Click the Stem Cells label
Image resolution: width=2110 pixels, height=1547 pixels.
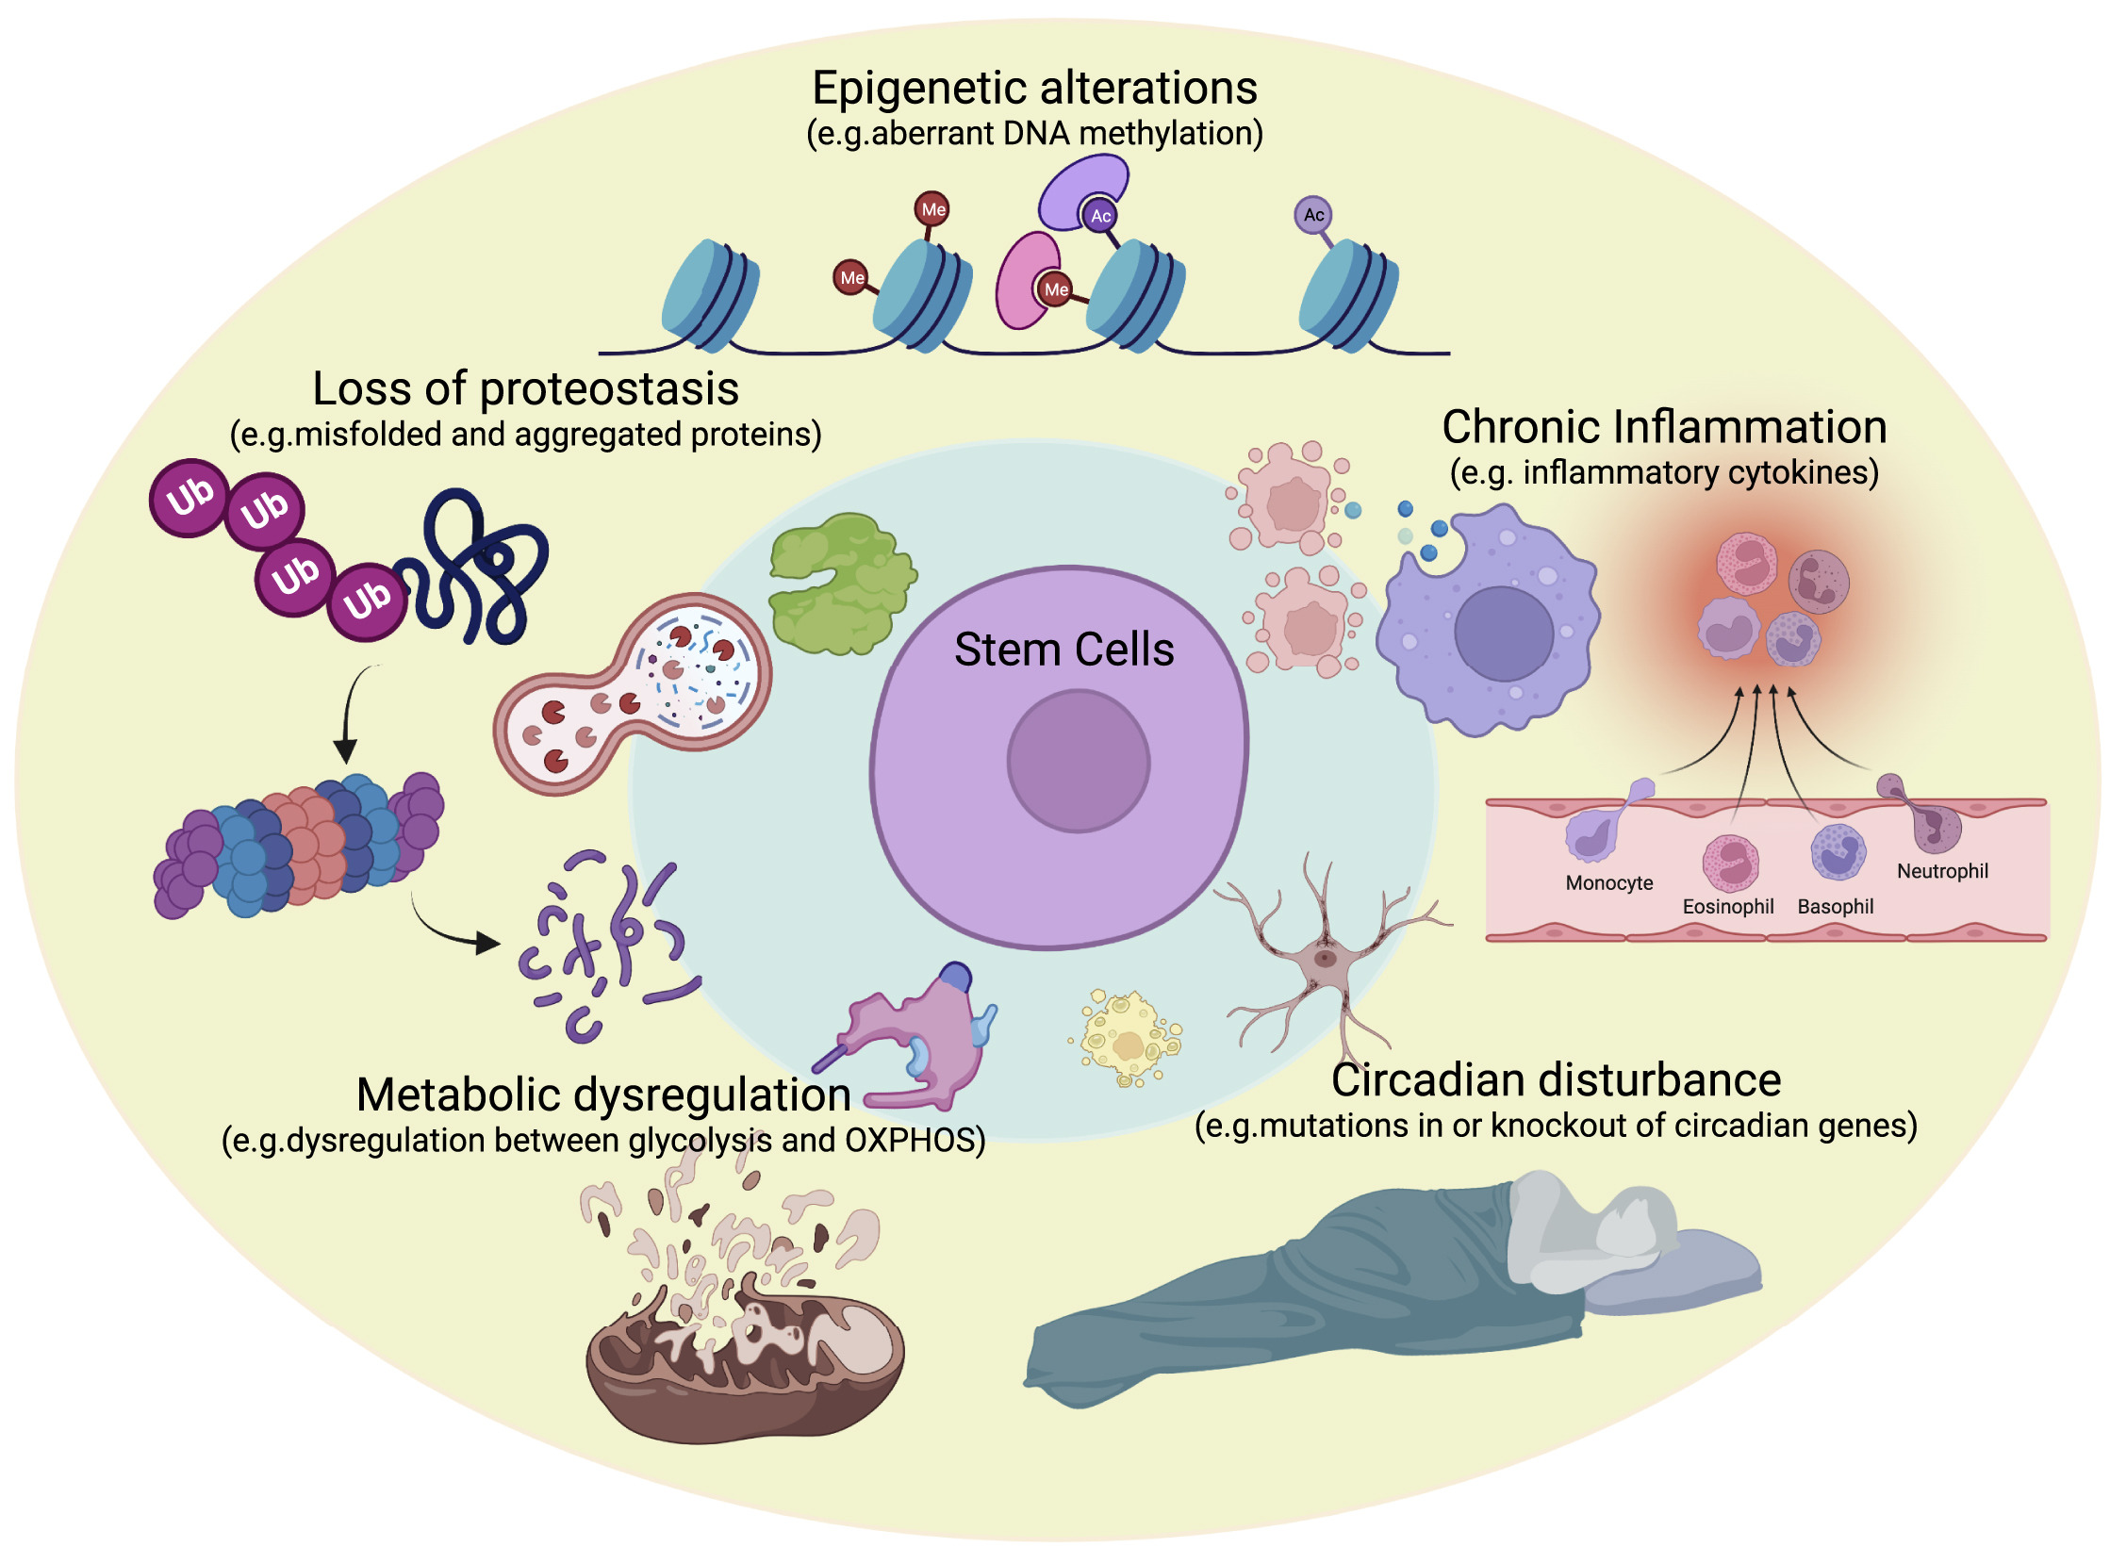pyautogui.click(x=1063, y=650)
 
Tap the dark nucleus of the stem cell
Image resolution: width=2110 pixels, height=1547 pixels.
pyautogui.click(x=1078, y=761)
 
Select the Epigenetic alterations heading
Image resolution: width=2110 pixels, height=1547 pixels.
pyautogui.click(x=1034, y=89)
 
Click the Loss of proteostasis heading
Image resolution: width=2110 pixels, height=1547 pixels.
pyautogui.click(x=525, y=388)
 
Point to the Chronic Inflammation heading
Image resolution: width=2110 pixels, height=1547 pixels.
pyautogui.click(x=1664, y=427)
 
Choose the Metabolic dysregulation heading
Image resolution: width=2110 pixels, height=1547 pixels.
pyautogui.click(x=603, y=1094)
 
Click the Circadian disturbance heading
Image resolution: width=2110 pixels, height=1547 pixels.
pyautogui.click(x=1556, y=1080)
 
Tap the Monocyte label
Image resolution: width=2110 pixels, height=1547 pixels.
pyautogui.click(x=1608, y=883)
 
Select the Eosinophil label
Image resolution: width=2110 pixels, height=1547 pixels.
pyautogui.click(x=1727, y=907)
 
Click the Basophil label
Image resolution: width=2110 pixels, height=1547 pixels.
pyautogui.click(x=1835, y=907)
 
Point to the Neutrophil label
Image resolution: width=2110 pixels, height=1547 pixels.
pyautogui.click(x=1942, y=871)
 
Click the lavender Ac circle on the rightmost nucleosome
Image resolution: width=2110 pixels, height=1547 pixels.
pyautogui.click(x=1313, y=215)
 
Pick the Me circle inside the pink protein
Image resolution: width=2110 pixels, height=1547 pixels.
pyautogui.click(x=1055, y=289)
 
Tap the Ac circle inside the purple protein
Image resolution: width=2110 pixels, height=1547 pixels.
pyautogui.click(x=1100, y=216)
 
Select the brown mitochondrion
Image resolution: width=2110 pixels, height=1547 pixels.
pyautogui.click(x=745, y=1367)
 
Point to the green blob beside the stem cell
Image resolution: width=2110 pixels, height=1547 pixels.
pyautogui.click(x=839, y=584)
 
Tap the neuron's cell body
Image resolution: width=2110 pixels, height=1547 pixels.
pyautogui.click(x=1325, y=959)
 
